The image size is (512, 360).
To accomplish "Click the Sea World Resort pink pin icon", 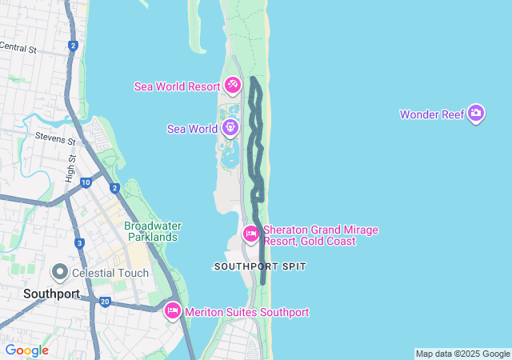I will point(233,84).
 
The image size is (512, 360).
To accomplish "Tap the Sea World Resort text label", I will point(177,86).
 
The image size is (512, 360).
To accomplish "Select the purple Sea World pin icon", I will point(230,127).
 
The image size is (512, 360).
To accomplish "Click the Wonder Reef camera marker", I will point(476,114).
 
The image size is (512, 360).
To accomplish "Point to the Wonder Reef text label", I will point(432,114).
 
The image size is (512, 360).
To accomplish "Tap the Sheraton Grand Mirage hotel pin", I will point(250,234).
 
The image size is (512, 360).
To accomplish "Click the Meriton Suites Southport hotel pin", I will point(172,311).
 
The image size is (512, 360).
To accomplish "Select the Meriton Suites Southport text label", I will point(246,312).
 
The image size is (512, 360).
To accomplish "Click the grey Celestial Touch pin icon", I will point(59,272).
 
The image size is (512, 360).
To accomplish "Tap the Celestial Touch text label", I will point(110,273).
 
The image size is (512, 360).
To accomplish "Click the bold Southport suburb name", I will point(51,294).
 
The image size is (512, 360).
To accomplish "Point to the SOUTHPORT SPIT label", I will point(260,266).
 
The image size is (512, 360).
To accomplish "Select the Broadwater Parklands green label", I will point(152,231).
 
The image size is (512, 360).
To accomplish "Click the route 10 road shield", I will point(86,183).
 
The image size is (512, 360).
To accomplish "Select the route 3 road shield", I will point(79,242).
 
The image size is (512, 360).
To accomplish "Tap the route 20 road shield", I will point(105,302).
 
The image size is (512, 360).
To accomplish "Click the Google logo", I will point(26,350).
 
